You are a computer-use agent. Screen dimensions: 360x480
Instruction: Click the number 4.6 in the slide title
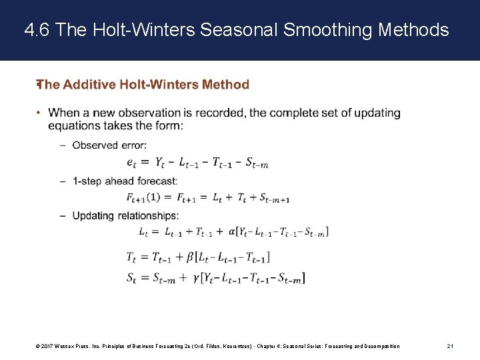click(37, 30)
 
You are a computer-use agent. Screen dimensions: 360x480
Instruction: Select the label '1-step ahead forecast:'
click(125, 181)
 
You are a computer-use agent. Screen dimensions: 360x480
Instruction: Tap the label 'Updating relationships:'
click(125, 215)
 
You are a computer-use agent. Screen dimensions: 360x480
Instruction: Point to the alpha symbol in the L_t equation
click(232, 232)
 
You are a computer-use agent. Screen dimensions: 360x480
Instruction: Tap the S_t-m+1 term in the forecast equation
click(274, 198)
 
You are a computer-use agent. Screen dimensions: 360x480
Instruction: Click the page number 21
click(451, 346)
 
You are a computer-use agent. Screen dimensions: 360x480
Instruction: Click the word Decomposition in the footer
click(380, 346)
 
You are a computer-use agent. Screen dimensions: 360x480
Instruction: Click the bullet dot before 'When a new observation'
click(39, 113)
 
